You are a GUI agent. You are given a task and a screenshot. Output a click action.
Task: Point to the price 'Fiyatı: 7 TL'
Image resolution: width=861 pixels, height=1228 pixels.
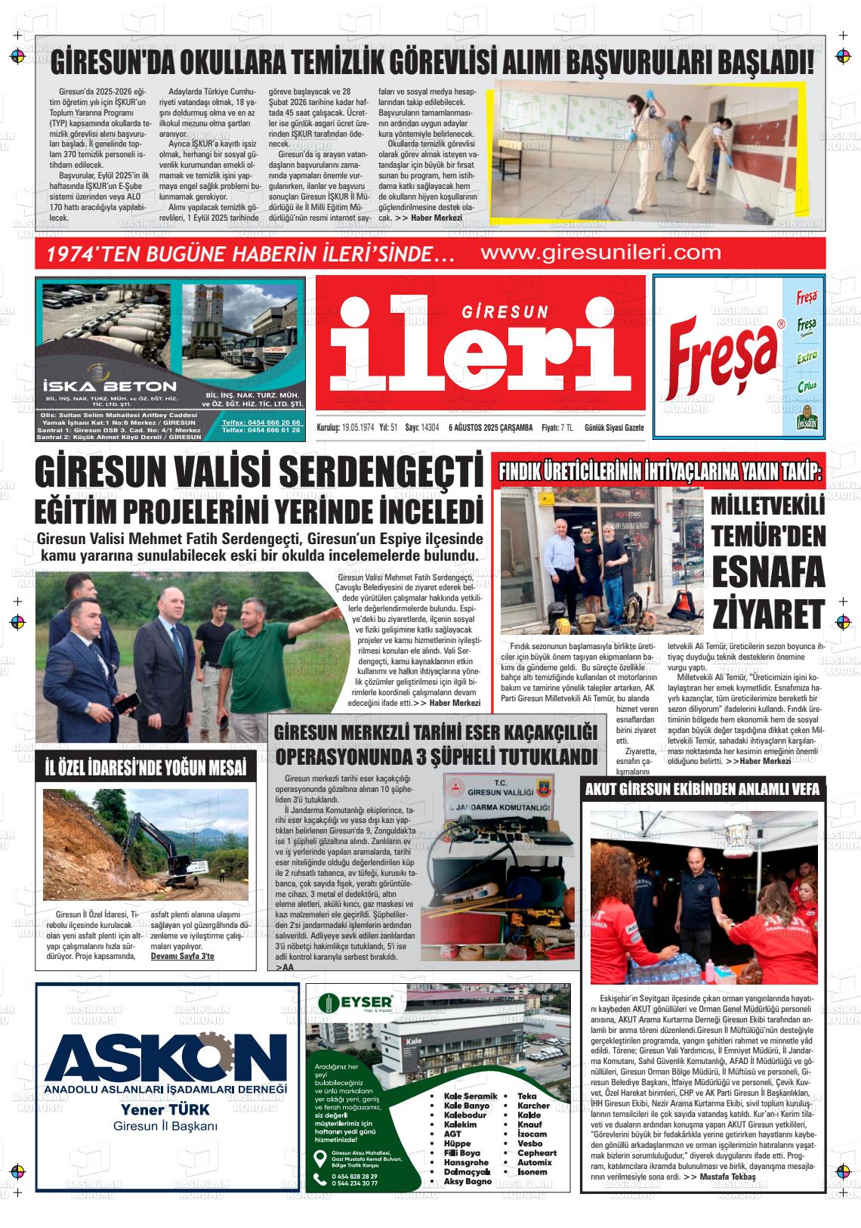tap(557, 428)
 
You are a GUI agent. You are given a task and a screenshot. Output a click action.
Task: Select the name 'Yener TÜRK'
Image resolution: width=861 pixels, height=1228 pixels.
tap(165, 1110)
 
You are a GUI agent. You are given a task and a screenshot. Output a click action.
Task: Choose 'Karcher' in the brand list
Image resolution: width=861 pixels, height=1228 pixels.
tap(533, 1106)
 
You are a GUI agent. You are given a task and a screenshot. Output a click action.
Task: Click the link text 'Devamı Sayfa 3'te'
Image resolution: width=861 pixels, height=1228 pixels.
tap(183, 956)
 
